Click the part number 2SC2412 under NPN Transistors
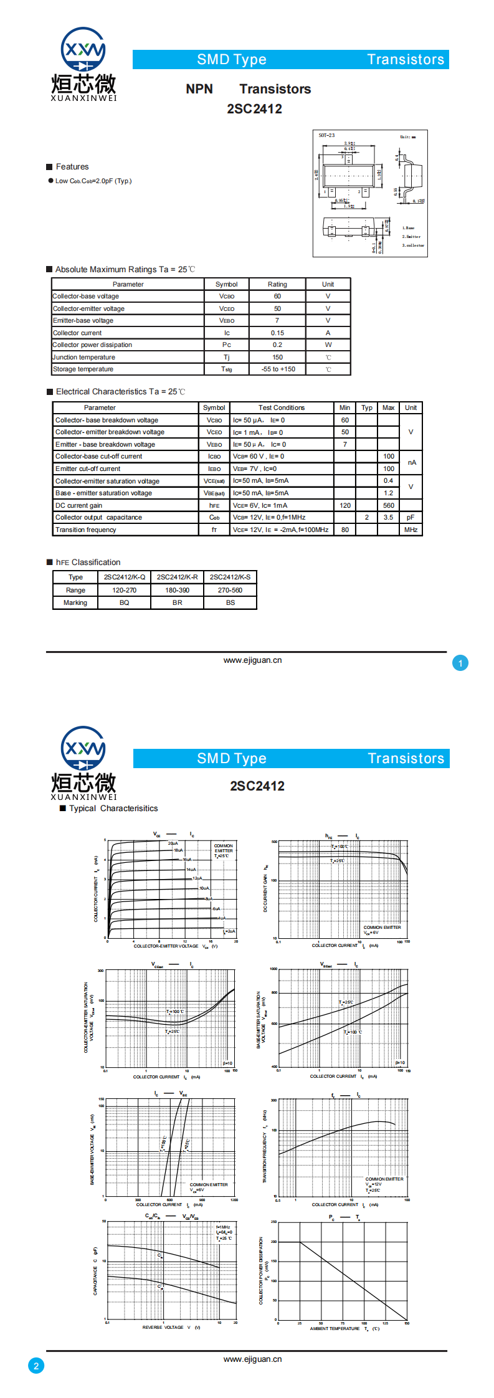(254, 109)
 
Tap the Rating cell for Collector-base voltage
(277, 297)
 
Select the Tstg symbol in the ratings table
(227, 369)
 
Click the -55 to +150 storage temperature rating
(278, 369)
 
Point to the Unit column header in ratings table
(328, 284)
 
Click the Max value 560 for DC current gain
(388, 505)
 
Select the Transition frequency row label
(86, 530)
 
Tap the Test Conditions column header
(282, 407)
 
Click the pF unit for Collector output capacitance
(411, 517)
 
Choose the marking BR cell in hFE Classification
(178, 602)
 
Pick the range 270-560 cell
(230, 590)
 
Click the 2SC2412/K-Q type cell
(125, 577)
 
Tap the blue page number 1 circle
(460, 663)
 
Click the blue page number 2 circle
(36, 1366)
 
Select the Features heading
(72, 167)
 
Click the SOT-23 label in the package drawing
(326, 135)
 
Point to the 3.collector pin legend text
(413, 245)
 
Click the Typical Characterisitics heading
(113, 808)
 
